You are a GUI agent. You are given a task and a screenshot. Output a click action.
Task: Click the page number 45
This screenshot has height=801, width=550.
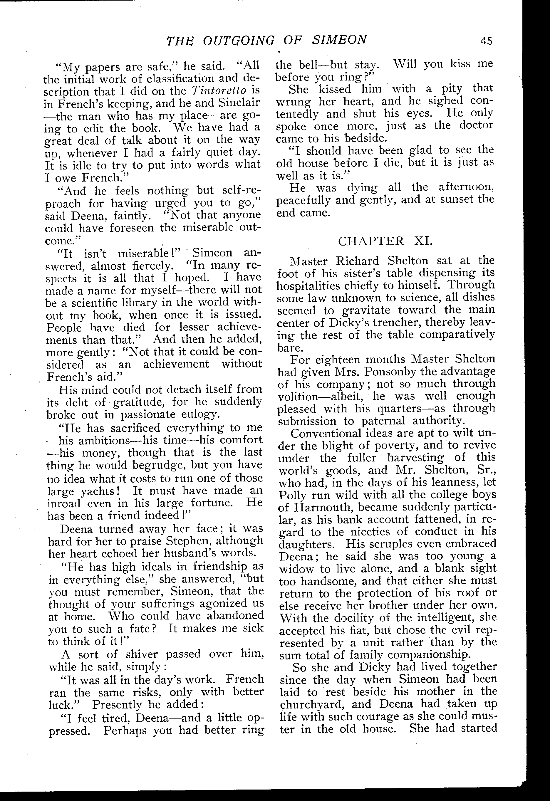[487, 41]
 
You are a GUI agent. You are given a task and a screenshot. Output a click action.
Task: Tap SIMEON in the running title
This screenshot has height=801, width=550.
[340, 40]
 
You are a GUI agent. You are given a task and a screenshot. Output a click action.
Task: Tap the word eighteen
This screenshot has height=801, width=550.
[338, 360]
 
